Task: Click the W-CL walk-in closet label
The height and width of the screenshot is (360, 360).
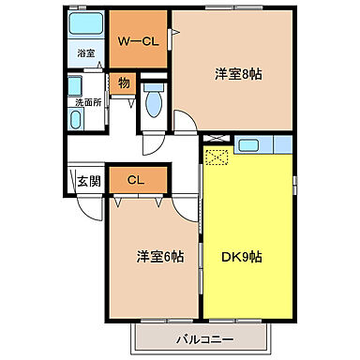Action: click(x=137, y=42)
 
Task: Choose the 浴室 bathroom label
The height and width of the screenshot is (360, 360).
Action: click(x=85, y=53)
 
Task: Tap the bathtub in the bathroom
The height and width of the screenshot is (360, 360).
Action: click(x=85, y=25)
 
